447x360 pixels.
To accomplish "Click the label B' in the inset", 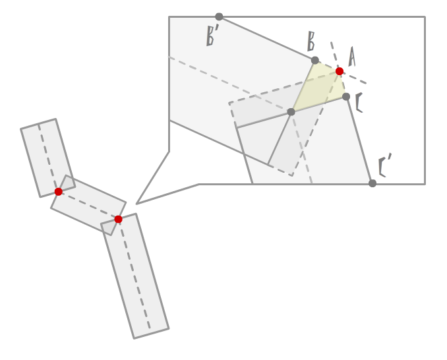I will point(212,36).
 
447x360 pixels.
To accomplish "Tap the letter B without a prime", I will point(311,42).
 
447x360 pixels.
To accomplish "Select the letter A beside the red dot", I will point(351,57).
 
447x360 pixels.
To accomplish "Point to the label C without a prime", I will point(359,103).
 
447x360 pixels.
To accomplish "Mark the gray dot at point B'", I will point(219,16).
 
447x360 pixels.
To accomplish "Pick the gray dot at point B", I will point(315,60).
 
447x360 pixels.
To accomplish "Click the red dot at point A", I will point(340,71).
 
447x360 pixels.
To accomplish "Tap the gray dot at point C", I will point(346,96).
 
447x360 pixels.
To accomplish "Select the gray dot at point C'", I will point(372,183).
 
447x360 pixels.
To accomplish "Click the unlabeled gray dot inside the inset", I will point(291,111).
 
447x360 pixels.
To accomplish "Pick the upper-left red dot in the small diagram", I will point(59,191).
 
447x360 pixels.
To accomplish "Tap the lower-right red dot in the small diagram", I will point(118,219).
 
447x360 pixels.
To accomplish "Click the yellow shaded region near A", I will point(323,86).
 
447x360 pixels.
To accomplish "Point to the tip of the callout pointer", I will point(136,204).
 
